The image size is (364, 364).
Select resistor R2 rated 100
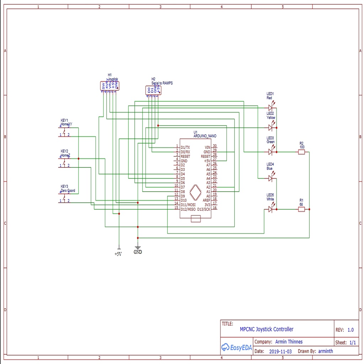tap(301, 152)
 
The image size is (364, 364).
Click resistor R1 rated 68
tap(301, 209)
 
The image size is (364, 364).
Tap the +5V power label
tap(118, 254)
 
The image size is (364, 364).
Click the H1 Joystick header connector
tap(109, 86)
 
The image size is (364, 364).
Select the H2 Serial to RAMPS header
tap(153, 90)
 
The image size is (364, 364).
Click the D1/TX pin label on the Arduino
tap(185, 147)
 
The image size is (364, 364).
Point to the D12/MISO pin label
tap(188, 209)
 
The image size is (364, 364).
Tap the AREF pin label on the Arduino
tap(207, 200)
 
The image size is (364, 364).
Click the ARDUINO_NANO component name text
tap(205, 136)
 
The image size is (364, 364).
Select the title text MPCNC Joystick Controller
tap(267, 329)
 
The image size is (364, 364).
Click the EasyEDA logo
tap(237, 348)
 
